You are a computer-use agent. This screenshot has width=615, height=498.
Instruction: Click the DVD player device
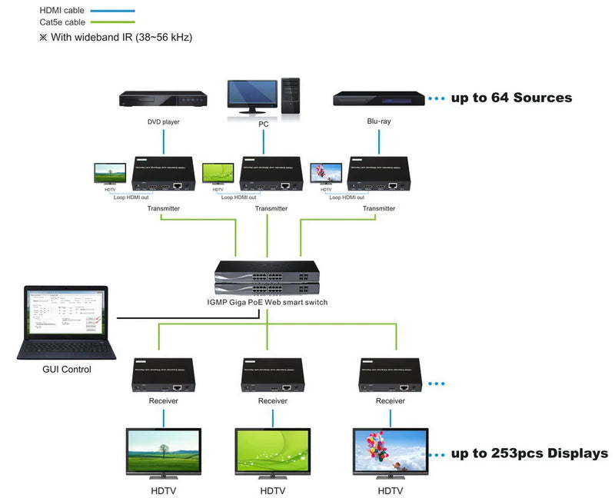[164, 99]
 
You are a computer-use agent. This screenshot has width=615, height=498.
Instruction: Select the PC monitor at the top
[252, 95]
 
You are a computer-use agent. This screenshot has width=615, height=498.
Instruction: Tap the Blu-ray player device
[379, 98]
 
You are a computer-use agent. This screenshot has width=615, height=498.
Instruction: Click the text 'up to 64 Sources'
[511, 98]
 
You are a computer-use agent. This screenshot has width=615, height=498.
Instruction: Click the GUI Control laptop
[66, 323]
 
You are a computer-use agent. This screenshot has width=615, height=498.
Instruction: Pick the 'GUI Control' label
[66, 370]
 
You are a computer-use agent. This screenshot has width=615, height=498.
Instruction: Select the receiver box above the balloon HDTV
[390, 375]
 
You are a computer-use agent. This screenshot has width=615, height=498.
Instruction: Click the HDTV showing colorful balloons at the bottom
[390, 453]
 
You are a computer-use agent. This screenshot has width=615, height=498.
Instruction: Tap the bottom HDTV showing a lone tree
[164, 453]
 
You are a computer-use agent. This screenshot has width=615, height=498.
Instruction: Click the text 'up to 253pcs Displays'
[529, 453]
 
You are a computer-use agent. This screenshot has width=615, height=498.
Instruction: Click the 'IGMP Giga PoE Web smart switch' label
[267, 302]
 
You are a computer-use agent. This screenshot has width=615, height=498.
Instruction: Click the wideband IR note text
[115, 37]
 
